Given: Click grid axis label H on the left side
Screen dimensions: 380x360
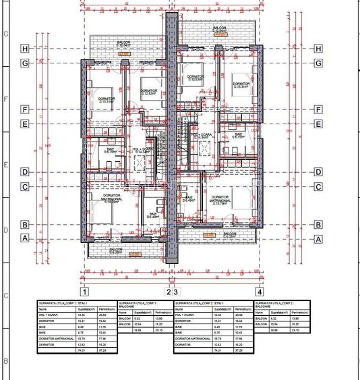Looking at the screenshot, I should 25,49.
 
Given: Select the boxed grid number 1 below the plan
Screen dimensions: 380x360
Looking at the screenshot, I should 84,292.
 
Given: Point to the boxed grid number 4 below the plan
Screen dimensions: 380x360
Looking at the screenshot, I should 259,292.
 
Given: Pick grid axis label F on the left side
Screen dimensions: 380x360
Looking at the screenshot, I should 25,109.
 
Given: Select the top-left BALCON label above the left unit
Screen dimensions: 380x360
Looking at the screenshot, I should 123,43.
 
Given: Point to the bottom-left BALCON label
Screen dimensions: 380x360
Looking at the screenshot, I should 116,251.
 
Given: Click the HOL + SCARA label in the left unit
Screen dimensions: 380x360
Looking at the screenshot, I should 138,150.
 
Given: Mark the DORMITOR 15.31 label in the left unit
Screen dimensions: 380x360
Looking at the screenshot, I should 107,100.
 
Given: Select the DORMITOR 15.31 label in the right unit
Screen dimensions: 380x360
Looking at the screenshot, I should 241,86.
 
